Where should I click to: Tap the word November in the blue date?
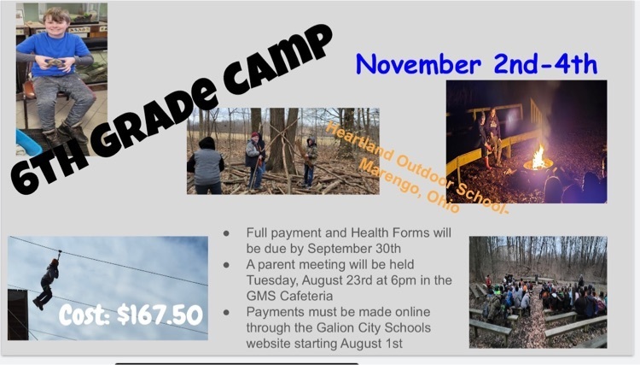click(418, 65)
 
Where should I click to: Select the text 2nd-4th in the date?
click(545, 63)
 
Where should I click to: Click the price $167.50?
click(160, 315)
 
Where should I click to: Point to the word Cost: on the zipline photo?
click(84, 315)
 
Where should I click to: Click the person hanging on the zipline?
click(46, 283)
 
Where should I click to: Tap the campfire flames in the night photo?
click(538, 157)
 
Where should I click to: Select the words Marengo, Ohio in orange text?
click(409, 186)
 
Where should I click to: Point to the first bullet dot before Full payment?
click(226, 233)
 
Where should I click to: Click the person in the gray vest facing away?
click(207, 166)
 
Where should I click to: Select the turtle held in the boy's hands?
click(55, 63)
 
